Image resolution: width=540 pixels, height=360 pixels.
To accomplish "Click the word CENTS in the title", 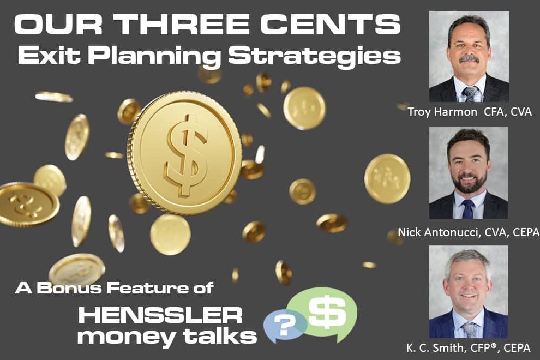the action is (x=331, y=25).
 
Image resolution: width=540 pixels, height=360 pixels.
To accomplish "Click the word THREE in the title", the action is (x=180, y=25).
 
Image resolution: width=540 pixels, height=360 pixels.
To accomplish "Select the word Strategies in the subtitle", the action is (x=314, y=56).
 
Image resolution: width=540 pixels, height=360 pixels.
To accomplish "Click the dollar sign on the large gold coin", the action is (x=185, y=154).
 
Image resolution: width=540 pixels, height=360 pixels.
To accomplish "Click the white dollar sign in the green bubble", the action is (x=327, y=313).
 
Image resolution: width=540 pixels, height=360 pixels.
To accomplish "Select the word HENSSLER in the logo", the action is (x=160, y=315).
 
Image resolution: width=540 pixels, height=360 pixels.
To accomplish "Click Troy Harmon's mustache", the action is (x=470, y=59).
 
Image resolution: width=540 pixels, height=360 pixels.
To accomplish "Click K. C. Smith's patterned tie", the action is (x=469, y=329).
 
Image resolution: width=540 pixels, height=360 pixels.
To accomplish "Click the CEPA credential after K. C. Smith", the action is (x=517, y=348).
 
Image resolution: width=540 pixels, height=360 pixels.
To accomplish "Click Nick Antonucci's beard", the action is (x=469, y=183).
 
